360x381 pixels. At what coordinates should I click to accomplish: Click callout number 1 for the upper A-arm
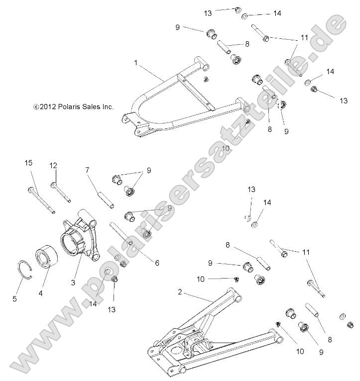tap(135, 63)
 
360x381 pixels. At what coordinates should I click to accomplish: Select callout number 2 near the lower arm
tap(180, 292)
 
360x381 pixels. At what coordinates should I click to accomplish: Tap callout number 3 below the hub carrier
tap(73, 283)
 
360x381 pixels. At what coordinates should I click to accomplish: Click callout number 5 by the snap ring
tap(14, 299)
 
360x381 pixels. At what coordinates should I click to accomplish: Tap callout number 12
tap(54, 165)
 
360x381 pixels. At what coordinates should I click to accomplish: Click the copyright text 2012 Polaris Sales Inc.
tap(74, 106)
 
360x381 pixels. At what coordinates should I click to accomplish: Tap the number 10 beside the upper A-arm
tap(226, 148)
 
